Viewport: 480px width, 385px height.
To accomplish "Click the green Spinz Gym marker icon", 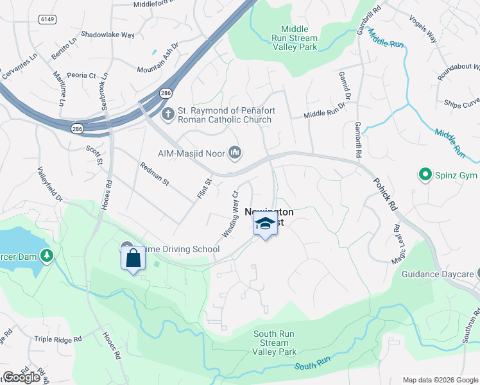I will (x=424, y=174).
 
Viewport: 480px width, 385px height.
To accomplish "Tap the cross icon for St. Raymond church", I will (x=167, y=115).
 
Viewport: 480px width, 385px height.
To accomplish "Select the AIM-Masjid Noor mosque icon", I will (x=235, y=153).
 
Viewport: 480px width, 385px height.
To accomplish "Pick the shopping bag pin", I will (x=133, y=259).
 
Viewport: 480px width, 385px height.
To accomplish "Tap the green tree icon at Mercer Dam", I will (x=46, y=256).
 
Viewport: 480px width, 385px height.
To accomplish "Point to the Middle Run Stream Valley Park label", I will (x=295, y=38).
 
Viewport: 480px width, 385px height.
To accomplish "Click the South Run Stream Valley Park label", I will (x=275, y=343).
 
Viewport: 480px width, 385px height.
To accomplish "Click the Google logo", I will (x=22, y=377).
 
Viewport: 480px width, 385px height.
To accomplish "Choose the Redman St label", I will (x=154, y=174).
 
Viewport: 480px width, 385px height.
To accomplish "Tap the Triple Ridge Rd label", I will (x=58, y=339).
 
